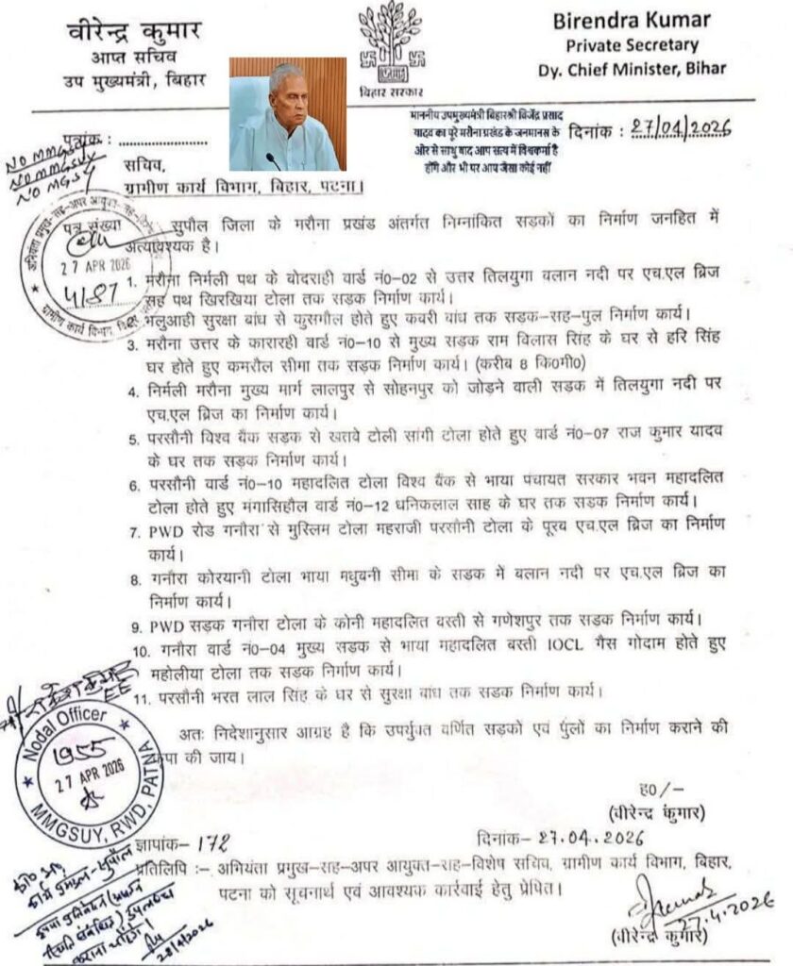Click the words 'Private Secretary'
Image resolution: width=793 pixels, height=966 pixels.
645,45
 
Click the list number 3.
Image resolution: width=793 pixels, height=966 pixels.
131,347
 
